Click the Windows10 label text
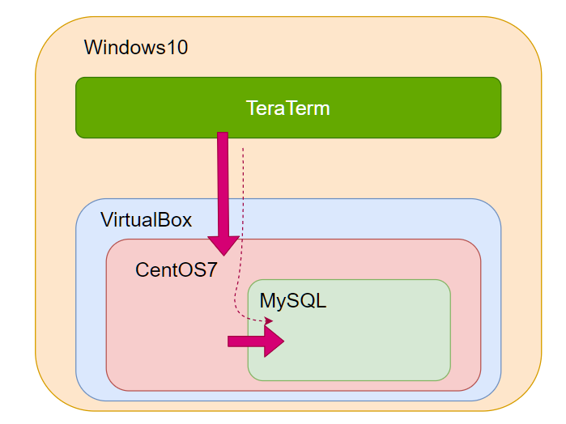(x=136, y=48)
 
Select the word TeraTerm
(x=288, y=108)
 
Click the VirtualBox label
(x=146, y=219)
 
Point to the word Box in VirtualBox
(x=174, y=219)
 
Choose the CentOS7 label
(x=177, y=269)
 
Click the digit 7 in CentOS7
(x=212, y=269)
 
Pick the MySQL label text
(x=292, y=301)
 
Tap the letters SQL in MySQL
(x=308, y=301)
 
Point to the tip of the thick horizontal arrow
(x=283, y=341)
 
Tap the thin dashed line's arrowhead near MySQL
(x=268, y=322)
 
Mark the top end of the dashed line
(x=243, y=149)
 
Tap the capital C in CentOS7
(x=143, y=269)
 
